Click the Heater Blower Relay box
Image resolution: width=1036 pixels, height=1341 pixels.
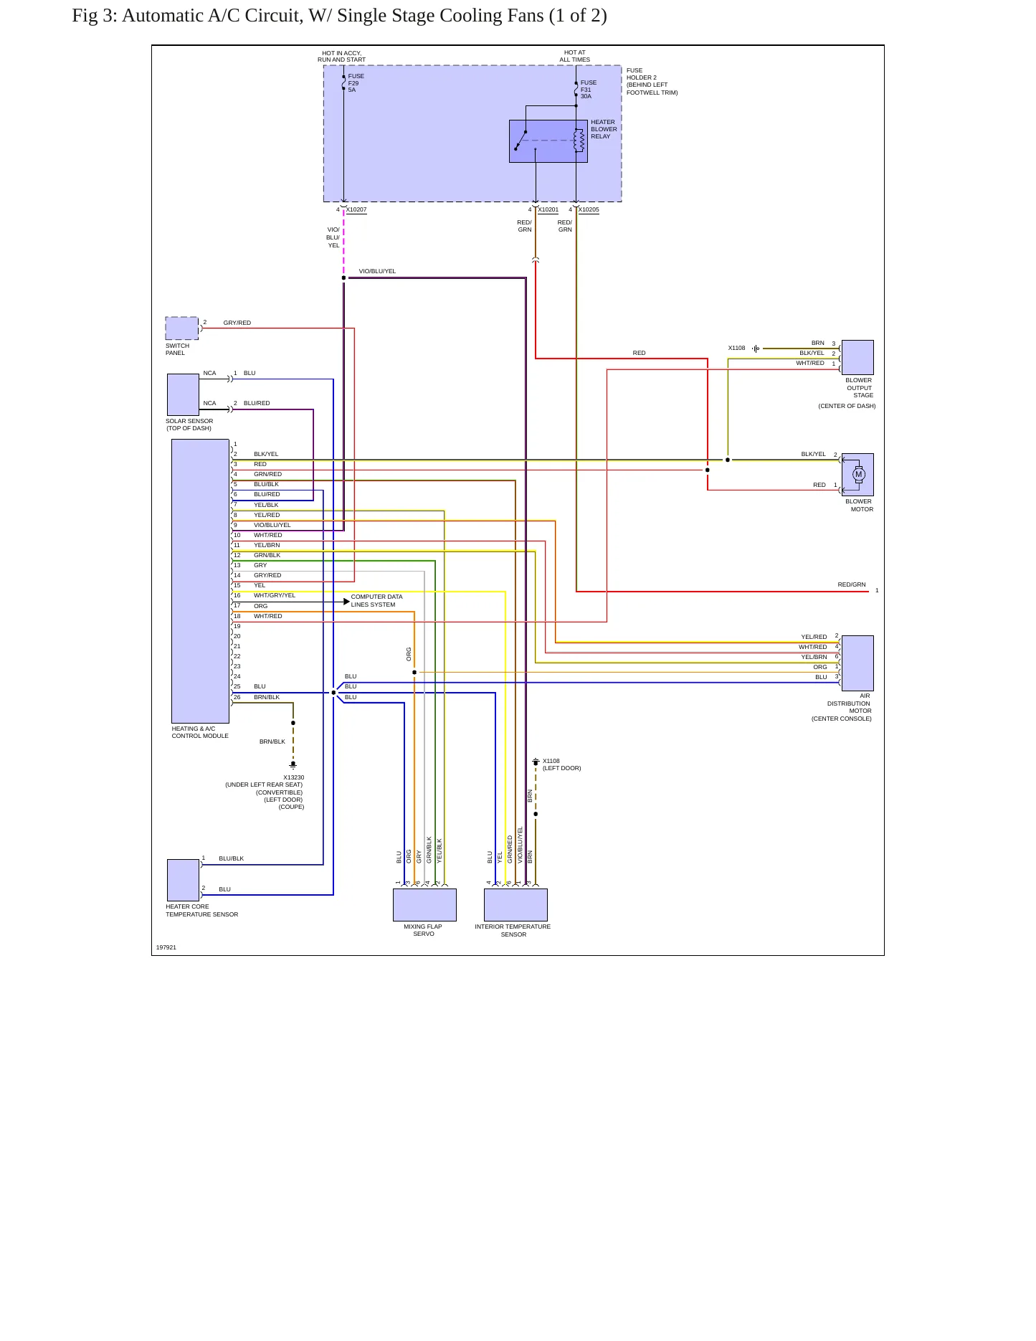point(548,141)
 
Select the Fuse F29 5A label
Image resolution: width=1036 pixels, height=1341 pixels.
point(356,82)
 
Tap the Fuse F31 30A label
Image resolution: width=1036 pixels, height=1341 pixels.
point(589,90)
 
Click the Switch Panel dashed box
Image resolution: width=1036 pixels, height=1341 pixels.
point(182,328)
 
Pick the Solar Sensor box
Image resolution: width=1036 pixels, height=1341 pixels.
point(183,394)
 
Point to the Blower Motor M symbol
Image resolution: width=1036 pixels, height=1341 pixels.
point(859,474)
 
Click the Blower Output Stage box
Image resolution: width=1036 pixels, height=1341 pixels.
point(857,357)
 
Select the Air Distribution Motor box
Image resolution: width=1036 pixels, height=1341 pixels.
point(857,663)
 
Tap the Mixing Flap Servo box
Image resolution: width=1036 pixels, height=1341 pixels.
point(424,905)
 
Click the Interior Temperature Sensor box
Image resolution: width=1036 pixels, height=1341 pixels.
point(515,905)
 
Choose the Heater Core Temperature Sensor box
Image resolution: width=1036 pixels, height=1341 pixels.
point(183,880)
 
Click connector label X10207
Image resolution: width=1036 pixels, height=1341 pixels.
point(356,209)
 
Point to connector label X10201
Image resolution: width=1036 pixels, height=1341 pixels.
point(548,209)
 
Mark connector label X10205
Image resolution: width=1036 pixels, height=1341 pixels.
point(589,209)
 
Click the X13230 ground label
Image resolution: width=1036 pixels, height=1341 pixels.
point(294,777)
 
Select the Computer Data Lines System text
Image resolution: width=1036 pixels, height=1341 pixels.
point(376,601)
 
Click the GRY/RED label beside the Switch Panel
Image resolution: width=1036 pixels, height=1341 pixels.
point(237,323)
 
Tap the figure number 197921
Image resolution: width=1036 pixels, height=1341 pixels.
point(166,947)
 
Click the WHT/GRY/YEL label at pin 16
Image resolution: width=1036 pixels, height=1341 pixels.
point(275,595)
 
